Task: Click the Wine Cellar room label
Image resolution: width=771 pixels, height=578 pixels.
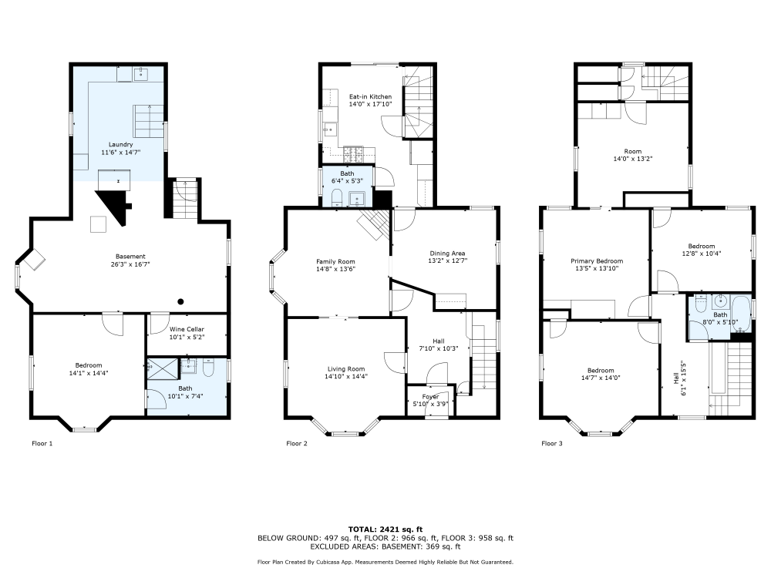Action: (187, 329)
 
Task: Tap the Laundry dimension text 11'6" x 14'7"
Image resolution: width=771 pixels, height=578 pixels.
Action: (121, 153)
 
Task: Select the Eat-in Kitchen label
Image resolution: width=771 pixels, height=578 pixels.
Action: (370, 97)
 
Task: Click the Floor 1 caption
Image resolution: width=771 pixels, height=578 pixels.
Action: (42, 443)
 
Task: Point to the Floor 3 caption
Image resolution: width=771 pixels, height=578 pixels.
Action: (552, 443)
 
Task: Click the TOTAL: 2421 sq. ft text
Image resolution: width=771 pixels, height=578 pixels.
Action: (385, 529)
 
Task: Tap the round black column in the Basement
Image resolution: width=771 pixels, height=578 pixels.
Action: (181, 302)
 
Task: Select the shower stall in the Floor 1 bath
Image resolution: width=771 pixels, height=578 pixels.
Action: (163, 369)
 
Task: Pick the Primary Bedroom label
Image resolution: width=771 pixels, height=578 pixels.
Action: (597, 261)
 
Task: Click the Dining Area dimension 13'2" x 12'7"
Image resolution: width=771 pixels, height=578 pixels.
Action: (447, 260)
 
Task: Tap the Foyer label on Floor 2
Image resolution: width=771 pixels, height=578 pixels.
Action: (431, 397)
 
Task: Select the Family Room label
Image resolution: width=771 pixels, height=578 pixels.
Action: (336, 262)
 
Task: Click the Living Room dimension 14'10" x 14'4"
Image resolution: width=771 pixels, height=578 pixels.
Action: (346, 377)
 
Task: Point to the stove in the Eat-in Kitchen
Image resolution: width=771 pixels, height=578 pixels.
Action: (353, 155)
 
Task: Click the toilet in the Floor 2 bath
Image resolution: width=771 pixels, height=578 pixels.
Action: (338, 199)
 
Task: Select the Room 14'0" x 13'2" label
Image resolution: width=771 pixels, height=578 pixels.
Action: (633, 155)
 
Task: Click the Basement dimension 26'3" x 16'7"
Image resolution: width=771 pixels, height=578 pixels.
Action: (130, 264)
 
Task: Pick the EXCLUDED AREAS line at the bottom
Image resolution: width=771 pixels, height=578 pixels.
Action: (385, 546)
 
